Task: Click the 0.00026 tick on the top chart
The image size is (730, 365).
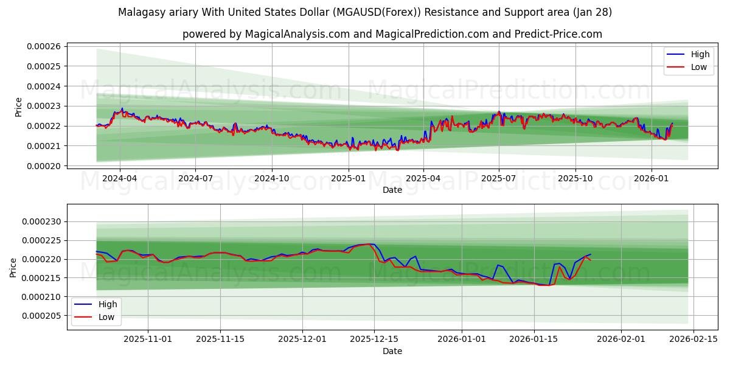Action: point(46,46)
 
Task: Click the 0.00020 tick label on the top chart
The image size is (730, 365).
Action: point(46,166)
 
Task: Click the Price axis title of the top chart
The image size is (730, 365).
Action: point(18,107)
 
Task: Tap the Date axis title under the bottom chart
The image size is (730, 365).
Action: point(392,351)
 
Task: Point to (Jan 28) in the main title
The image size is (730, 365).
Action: point(591,12)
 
